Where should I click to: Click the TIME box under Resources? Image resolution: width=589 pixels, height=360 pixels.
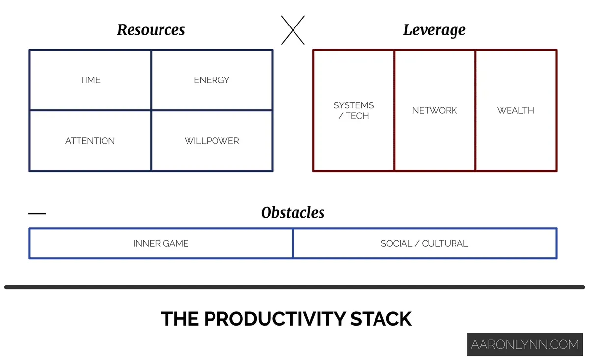90,80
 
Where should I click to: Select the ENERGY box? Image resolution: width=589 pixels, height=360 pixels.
212,80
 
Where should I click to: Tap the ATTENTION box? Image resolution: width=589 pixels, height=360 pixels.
90,141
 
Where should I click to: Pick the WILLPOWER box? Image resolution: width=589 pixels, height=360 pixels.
212,141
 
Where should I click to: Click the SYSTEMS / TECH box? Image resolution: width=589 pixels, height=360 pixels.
353,110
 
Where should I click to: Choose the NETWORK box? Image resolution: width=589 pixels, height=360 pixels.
434,110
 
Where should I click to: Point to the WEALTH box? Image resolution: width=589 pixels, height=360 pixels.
515,110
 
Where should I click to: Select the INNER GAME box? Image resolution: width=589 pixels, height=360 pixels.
161,243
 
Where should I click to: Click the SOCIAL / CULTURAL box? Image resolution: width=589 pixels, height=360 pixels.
425,243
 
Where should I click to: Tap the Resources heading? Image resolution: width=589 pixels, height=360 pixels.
151,30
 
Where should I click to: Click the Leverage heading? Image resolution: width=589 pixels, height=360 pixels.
434,30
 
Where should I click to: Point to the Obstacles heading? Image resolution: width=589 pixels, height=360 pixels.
293,213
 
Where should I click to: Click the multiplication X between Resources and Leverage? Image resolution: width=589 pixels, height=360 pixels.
293,30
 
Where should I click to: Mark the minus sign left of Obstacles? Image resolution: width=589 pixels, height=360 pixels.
37,213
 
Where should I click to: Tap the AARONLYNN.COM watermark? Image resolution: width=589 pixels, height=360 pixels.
525,344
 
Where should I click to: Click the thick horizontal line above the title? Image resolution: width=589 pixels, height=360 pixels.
294,287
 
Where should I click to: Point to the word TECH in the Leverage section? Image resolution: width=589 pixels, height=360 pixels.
357,116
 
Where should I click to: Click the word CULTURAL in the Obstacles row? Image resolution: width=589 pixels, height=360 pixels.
445,243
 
